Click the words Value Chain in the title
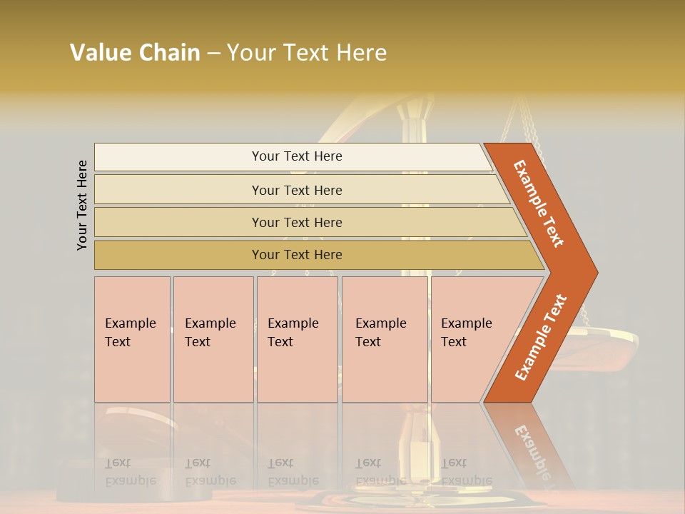tap(135, 53)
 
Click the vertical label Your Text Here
tap(82, 206)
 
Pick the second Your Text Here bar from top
tap(297, 190)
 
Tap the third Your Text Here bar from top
tap(297, 222)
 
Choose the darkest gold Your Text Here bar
tap(297, 255)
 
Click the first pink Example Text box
tap(132, 338)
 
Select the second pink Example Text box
tap(213, 338)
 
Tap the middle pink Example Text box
tap(297, 338)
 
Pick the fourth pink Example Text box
tap(384, 338)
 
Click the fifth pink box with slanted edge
tap(471, 338)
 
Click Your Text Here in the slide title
tap(307, 53)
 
